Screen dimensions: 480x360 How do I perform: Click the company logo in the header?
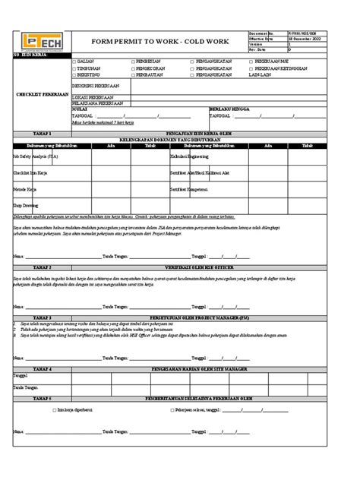(37, 43)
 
